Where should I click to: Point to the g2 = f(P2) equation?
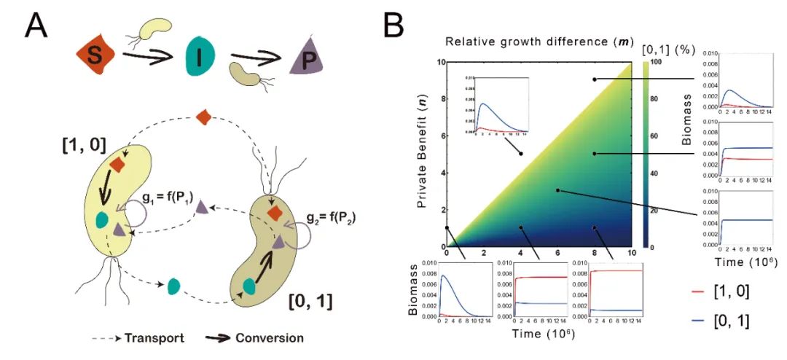coord(330,217)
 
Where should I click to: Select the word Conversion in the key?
coord(270,338)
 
